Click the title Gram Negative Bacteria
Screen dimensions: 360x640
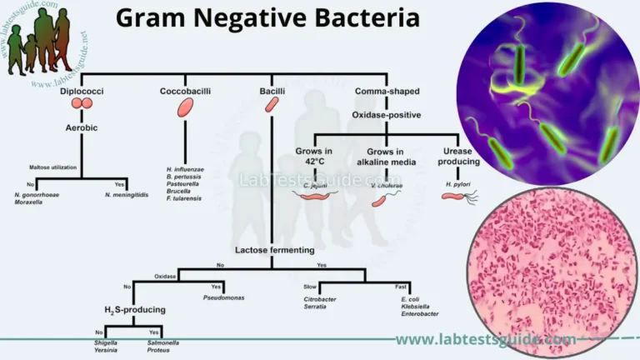pyautogui.click(x=267, y=18)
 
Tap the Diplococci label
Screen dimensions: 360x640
pyautogui.click(x=82, y=90)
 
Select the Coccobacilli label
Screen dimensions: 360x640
pyautogui.click(x=184, y=90)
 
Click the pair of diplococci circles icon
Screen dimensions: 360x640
pyautogui.click(x=82, y=104)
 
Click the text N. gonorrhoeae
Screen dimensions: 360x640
pyautogui.click(x=37, y=194)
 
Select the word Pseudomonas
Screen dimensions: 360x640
pyautogui.click(x=224, y=297)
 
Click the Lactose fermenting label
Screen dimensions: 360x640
pyautogui.click(x=274, y=250)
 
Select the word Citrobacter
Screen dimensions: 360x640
pyautogui.click(x=322, y=297)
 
